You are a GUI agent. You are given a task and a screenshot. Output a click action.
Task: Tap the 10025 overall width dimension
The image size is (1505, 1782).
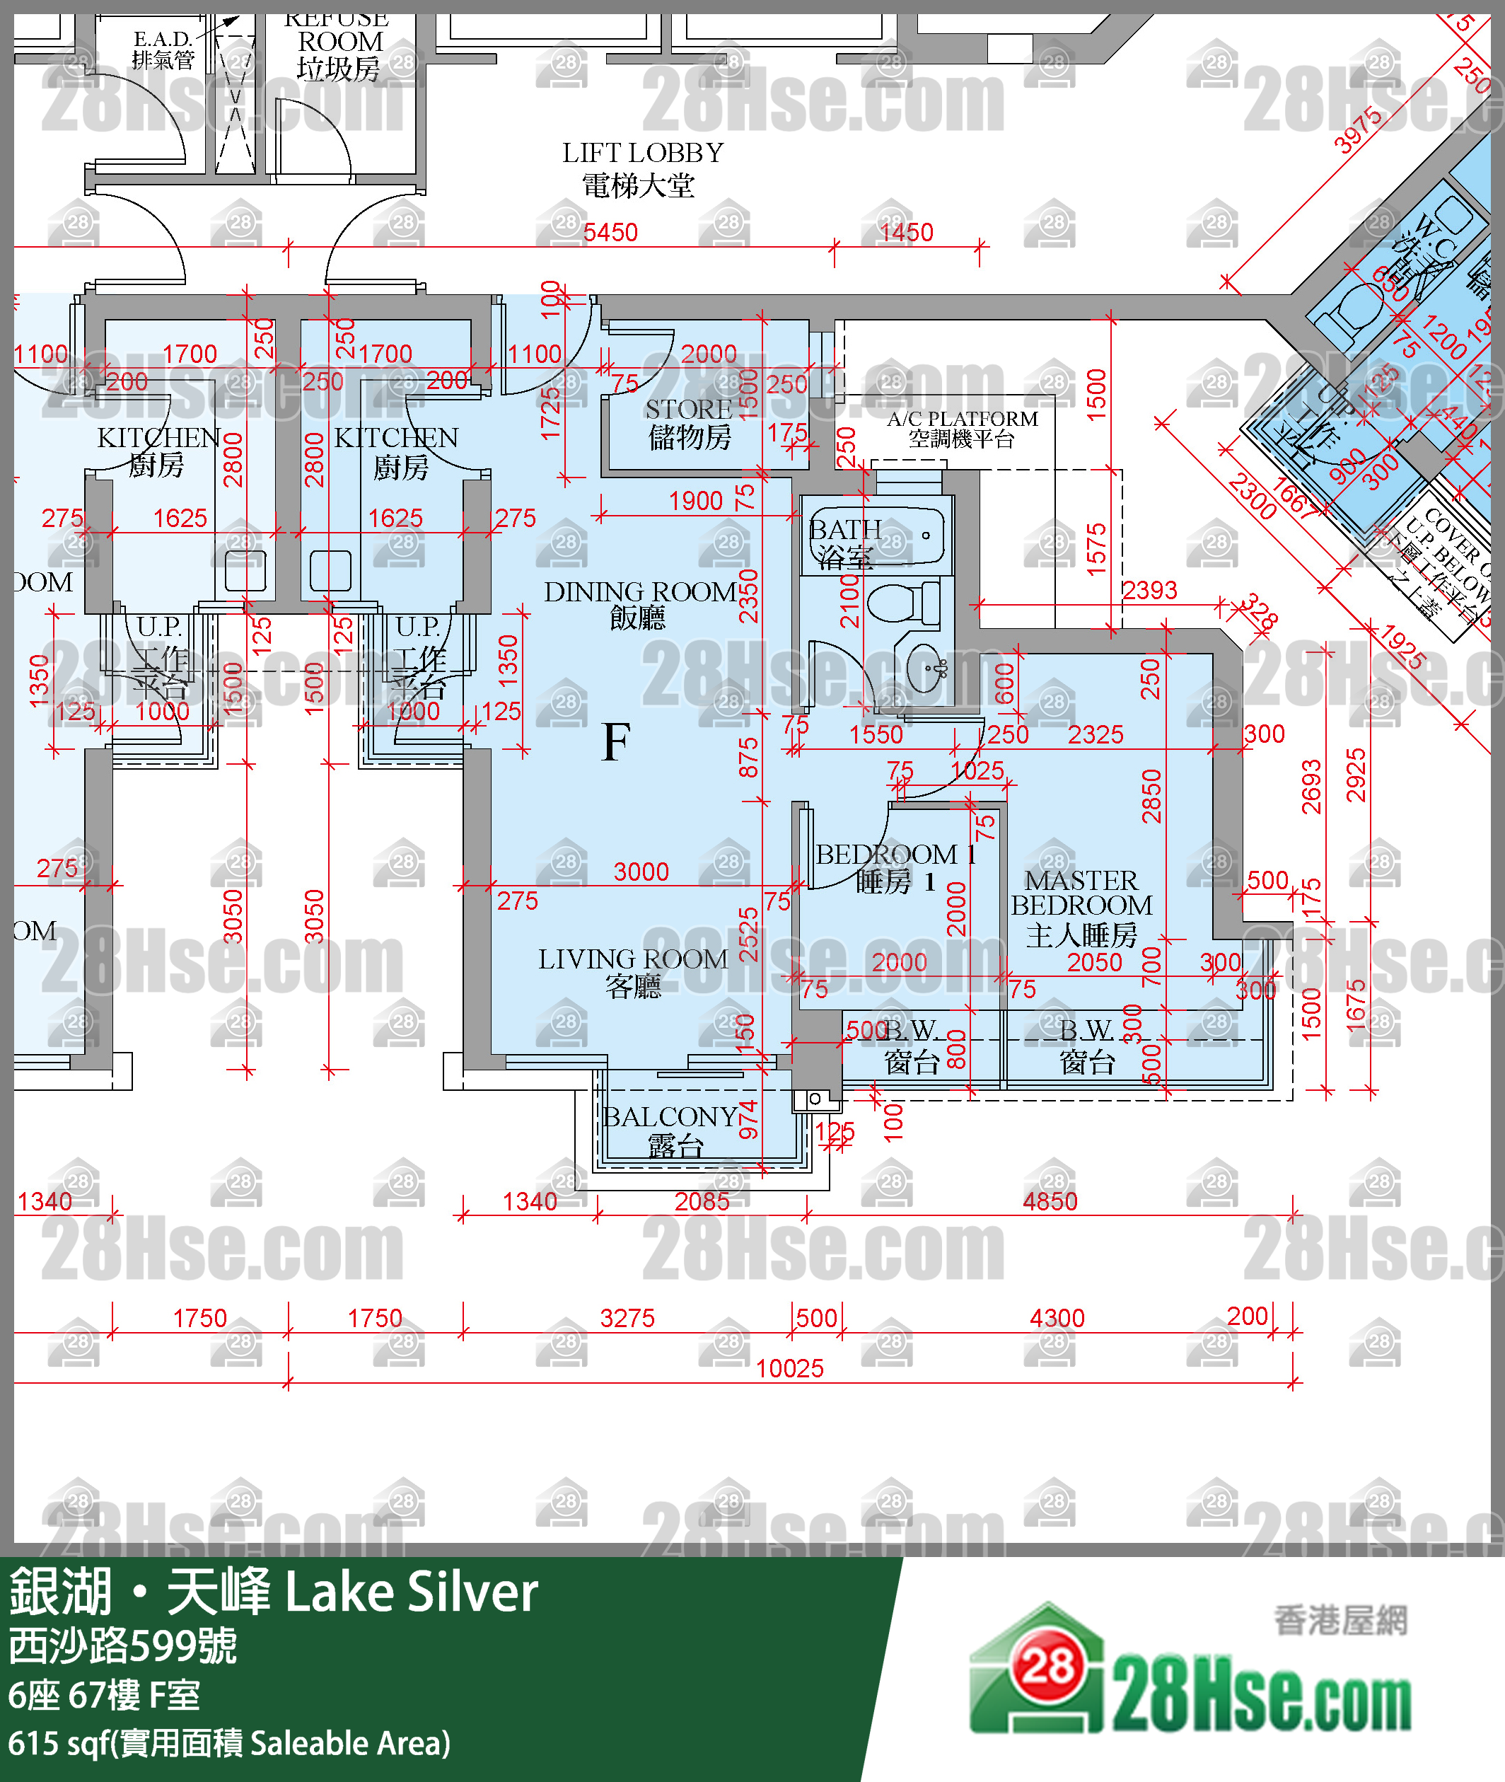(x=789, y=1368)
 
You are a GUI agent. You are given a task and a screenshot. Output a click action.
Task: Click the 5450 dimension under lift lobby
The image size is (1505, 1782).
(x=610, y=232)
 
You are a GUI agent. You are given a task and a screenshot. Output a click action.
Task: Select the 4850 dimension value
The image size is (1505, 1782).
(x=1050, y=1202)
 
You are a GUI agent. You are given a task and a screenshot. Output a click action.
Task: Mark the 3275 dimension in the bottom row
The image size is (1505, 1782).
(x=627, y=1318)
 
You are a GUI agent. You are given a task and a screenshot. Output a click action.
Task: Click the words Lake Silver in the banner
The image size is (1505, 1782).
(x=411, y=1592)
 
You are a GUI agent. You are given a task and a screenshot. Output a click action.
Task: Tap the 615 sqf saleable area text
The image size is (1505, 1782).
(x=228, y=1743)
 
